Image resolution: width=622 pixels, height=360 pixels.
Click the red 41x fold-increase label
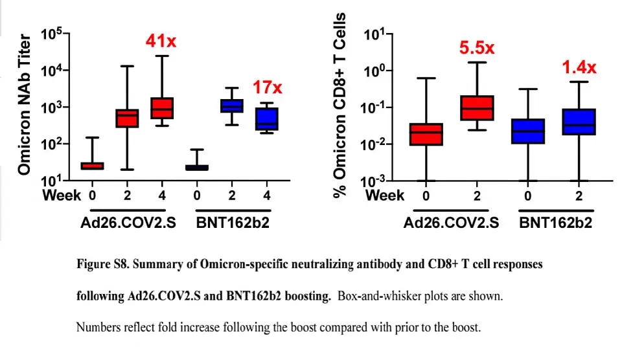(161, 41)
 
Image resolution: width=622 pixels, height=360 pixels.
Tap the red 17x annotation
(268, 87)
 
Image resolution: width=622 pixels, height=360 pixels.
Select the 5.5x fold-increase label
(477, 48)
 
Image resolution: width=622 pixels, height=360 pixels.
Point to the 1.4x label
(579, 67)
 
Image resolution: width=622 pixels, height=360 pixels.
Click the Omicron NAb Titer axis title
(24, 105)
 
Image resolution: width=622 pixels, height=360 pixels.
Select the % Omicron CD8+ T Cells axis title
(340, 105)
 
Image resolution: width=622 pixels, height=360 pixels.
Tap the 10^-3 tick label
(374, 181)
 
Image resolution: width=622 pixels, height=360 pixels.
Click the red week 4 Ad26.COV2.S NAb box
(162, 108)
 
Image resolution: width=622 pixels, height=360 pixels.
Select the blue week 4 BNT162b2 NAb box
(267, 118)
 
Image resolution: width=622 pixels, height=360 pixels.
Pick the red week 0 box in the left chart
(93, 166)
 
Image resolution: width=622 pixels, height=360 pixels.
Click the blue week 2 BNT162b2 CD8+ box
(579, 122)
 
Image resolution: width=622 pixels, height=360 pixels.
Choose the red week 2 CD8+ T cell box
(477, 108)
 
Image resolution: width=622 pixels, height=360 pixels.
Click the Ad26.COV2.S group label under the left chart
(128, 223)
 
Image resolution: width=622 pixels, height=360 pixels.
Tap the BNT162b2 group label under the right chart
(555, 223)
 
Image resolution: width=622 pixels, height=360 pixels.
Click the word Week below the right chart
(385, 196)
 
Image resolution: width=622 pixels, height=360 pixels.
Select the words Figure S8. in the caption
(103, 264)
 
